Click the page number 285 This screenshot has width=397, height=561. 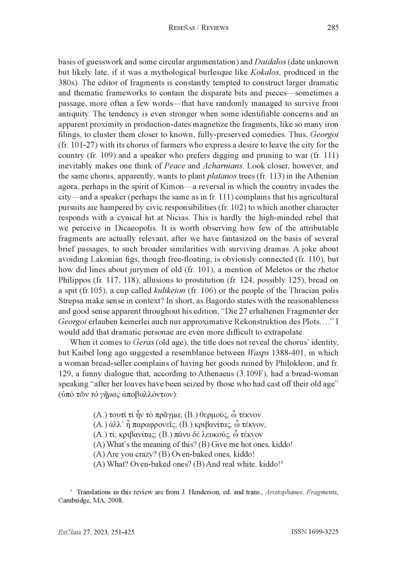pyautogui.click(x=333, y=28)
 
